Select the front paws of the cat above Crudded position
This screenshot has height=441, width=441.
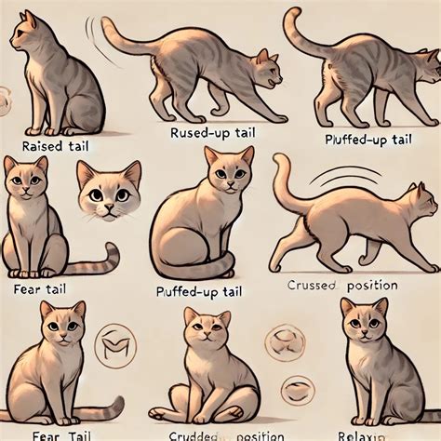pyautogui.click(x=207, y=409)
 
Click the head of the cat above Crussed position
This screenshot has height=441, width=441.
pyautogui.click(x=418, y=200)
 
